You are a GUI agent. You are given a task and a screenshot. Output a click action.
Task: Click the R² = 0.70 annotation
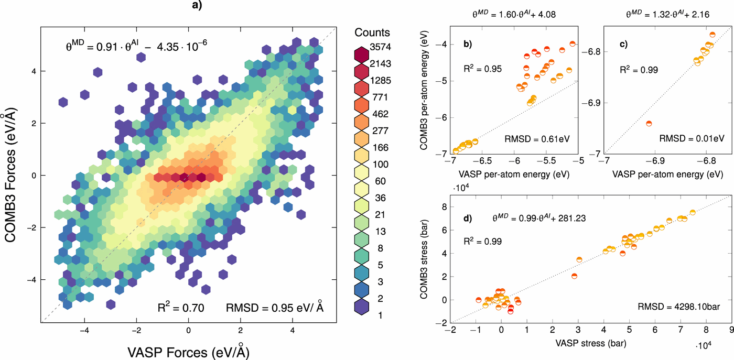click(x=181, y=308)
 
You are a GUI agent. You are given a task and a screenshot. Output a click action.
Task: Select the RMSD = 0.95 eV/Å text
click(x=274, y=308)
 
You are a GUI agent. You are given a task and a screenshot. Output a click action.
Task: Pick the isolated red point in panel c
click(x=649, y=124)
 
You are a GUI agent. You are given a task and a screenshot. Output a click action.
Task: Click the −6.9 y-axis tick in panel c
click(x=589, y=102)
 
